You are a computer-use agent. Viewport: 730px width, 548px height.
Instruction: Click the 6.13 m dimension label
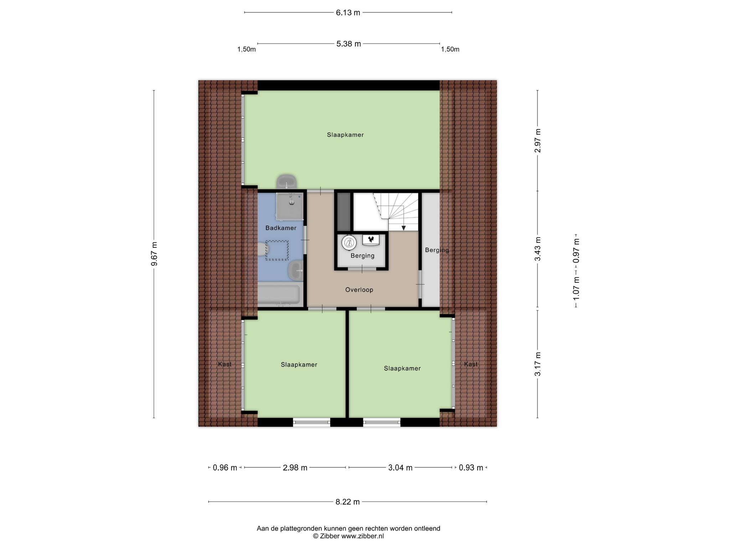348,13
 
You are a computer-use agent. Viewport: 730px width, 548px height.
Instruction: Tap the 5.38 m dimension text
349,44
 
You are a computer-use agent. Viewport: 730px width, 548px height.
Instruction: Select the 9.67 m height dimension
154,254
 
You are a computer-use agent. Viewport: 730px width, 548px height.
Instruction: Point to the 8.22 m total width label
348,502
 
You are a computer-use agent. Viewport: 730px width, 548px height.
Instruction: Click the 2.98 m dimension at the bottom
295,468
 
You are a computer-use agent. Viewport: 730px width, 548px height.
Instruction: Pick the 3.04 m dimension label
400,468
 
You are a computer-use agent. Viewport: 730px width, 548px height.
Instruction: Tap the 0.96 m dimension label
225,468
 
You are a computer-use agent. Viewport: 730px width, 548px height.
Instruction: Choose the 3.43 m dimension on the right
538,249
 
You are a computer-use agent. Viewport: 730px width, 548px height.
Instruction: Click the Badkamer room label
281,228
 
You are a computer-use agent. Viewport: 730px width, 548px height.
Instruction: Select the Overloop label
359,290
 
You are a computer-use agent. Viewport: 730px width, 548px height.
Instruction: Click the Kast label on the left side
225,364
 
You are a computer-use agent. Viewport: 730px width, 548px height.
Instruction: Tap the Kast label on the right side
471,364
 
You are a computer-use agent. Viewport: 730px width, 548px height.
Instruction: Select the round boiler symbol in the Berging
349,243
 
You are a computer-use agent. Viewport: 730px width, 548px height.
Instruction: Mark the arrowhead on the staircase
403,228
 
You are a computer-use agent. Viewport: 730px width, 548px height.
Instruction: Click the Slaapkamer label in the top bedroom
345,135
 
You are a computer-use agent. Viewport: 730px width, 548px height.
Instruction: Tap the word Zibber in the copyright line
330,536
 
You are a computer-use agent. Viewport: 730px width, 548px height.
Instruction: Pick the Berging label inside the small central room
363,256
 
